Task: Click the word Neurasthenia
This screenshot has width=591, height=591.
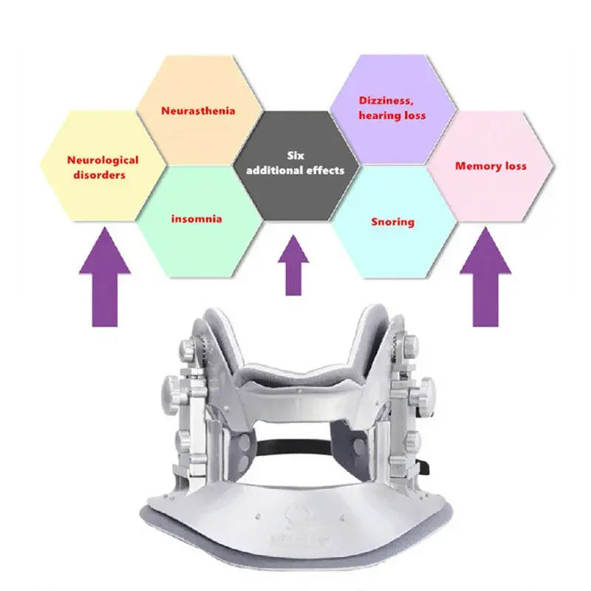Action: coord(198,111)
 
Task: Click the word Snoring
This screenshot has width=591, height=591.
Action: coord(392,222)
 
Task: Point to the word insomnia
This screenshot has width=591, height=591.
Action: coord(197,219)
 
